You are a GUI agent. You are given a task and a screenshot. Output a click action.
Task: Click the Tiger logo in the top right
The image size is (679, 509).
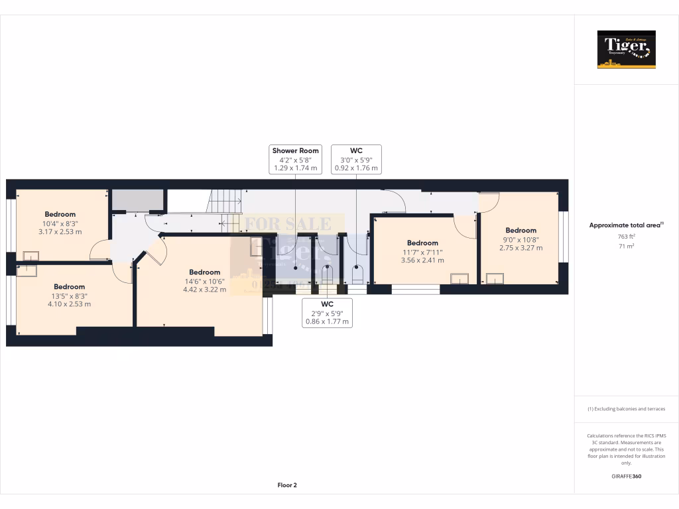[626, 49]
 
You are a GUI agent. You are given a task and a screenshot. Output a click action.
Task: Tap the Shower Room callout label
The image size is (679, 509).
[295, 160]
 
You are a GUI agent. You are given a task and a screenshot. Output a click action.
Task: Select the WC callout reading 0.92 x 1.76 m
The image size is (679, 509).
[356, 160]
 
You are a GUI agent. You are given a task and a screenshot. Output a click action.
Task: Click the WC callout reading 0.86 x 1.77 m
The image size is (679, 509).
[327, 313]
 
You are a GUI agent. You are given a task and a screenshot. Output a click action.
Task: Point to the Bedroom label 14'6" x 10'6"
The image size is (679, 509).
[204, 280]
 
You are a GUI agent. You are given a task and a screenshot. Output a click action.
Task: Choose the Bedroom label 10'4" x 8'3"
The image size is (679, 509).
[60, 223]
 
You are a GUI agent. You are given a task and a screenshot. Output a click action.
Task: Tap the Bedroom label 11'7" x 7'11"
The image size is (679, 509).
[422, 252]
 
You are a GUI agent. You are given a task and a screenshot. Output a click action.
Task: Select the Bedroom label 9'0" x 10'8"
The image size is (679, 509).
[520, 239]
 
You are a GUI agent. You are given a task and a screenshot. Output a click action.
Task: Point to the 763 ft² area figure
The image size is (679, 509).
[626, 236]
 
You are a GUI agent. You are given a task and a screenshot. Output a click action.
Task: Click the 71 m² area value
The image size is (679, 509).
[626, 246]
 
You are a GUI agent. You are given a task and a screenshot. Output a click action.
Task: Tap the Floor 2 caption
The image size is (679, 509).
[287, 485]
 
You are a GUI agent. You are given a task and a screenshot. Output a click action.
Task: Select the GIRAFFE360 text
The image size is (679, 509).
[626, 477]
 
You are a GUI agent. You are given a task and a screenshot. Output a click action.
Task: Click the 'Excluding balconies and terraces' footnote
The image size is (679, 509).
[626, 409]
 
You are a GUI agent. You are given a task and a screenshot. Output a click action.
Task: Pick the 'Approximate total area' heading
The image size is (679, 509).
[626, 225]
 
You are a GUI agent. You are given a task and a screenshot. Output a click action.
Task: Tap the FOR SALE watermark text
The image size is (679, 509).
[288, 224]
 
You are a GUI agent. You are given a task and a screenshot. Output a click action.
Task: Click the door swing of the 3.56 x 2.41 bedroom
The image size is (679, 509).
[466, 227]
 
